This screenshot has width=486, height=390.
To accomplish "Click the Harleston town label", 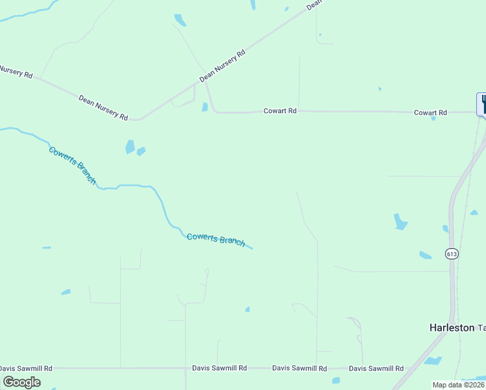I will click(452, 328).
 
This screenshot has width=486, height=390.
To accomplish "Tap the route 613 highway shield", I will click(452, 253).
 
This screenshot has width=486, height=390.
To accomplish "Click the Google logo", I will click(21, 382).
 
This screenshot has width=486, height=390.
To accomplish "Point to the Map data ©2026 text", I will click(458, 385).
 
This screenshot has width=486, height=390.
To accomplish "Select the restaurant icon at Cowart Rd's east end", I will click(482, 104).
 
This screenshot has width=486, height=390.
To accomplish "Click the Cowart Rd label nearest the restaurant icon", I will click(430, 112).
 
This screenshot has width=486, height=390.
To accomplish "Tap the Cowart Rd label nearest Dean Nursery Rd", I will click(279, 111).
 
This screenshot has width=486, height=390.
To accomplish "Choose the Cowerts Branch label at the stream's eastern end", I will click(216, 239).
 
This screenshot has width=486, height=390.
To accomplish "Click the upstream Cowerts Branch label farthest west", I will click(72, 165).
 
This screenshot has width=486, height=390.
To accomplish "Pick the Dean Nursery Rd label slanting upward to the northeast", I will click(222, 66).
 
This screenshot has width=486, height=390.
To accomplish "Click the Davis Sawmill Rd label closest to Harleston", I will click(376, 368).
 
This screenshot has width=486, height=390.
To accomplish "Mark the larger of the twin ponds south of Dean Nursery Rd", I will click(130, 147).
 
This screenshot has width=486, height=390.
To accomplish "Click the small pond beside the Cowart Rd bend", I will click(205, 107).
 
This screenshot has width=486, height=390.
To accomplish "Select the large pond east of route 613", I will click(400, 222).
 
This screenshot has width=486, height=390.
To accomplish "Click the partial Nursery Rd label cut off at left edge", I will click(16, 71).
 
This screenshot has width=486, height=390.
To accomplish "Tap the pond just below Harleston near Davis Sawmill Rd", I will click(433, 360).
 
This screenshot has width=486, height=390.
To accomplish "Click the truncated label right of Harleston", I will click(481, 328).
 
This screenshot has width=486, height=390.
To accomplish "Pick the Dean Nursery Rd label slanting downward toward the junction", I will click(103, 107).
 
